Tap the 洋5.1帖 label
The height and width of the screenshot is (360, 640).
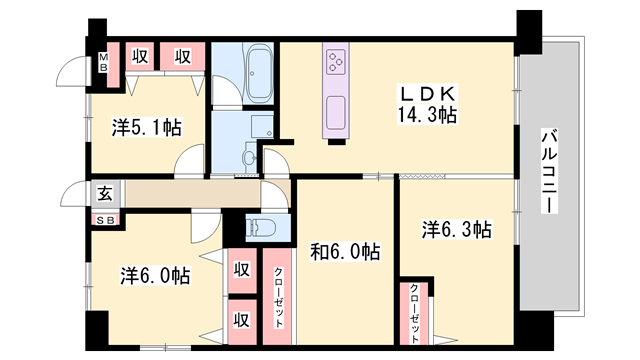pos(146,127)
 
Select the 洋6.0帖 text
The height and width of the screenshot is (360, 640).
pos(156,273)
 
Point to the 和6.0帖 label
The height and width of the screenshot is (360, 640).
pos(344,251)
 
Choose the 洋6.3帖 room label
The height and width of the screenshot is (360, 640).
pos(455,229)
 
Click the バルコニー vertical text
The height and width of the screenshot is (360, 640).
pos(548,169)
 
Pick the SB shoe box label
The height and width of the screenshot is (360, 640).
pos(104,220)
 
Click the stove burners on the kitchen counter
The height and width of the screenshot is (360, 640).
pos(333,63)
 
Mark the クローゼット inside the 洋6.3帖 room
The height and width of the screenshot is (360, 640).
pos(414,312)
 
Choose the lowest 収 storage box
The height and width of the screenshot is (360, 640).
pos(242,320)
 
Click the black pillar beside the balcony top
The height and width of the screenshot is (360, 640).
pos(528,25)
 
